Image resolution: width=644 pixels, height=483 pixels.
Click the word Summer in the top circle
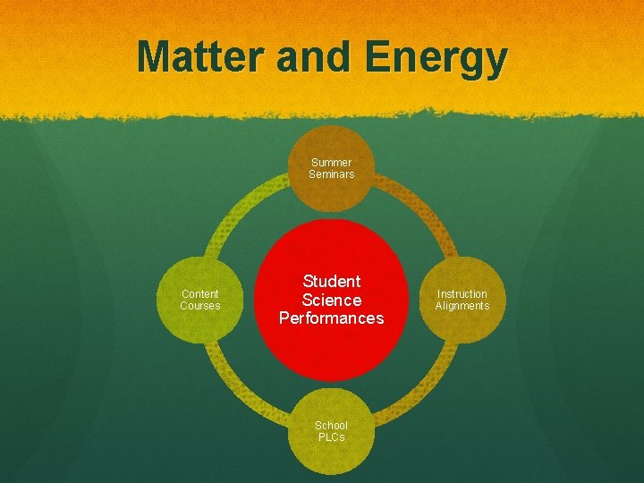coord(331,163)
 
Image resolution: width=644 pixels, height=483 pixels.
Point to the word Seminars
coord(331,174)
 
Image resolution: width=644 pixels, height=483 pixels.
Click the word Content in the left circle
coord(199,294)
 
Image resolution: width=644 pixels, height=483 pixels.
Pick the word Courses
coord(199,306)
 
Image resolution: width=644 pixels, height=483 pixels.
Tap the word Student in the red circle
coord(331,282)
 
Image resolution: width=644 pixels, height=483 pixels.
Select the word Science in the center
coord(331,300)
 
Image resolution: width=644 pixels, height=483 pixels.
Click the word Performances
coord(331,318)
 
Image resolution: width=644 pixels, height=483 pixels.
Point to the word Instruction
coord(462,294)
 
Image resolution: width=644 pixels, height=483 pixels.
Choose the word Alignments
coord(462,306)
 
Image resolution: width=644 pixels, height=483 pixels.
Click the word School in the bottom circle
coord(331,426)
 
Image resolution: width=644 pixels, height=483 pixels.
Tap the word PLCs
coord(331,437)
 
